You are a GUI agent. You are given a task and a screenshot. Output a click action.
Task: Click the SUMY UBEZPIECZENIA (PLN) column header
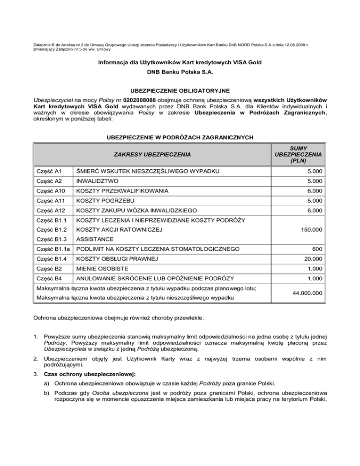point(298,153)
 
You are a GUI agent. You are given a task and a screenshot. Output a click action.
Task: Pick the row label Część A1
point(48,173)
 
